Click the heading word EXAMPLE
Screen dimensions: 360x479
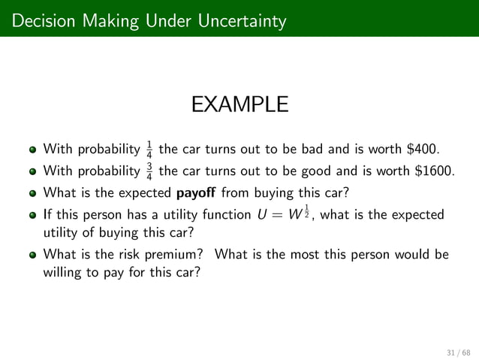pos(239,104)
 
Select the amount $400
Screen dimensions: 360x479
pos(423,146)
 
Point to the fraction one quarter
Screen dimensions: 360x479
pos(149,146)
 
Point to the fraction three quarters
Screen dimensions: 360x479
pos(149,168)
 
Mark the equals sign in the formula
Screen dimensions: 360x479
pos(276,216)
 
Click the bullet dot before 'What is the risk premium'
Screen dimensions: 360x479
pos(34,254)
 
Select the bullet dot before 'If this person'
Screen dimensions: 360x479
pos(34,216)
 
